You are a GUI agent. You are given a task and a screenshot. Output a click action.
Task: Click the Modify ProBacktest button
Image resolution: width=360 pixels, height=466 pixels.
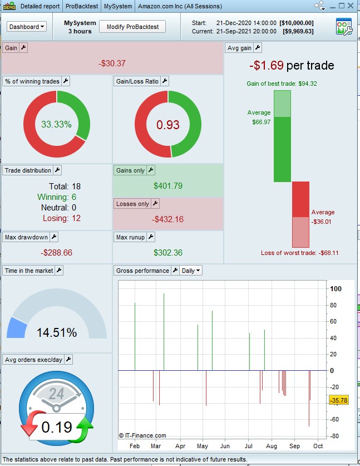[x=132, y=26]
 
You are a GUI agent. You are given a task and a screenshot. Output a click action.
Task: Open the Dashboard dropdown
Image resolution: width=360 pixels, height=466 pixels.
[x=27, y=26]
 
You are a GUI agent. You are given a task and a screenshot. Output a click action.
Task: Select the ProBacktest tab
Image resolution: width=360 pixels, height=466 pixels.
[x=82, y=6]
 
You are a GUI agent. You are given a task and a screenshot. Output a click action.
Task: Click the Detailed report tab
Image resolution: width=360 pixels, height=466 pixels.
[x=40, y=6]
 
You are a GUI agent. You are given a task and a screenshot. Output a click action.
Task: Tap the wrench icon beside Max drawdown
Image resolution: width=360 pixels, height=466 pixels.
[x=54, y=237]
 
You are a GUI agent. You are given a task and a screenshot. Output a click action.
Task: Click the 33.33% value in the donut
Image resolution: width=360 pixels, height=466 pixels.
[x=56, y=125]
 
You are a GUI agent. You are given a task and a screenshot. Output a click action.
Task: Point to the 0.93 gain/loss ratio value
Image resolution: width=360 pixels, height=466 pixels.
[x=167, y=125]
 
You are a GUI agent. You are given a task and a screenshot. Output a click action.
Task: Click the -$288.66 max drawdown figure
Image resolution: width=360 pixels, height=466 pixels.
[x=56, y=253]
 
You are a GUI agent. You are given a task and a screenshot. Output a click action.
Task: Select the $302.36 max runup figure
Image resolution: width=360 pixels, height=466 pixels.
[x=167, y=253]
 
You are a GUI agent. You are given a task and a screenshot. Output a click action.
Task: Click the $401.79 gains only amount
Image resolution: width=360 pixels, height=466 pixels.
[x=167, y=186]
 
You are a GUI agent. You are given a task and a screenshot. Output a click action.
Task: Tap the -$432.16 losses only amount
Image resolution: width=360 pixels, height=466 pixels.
[x=167, y=219]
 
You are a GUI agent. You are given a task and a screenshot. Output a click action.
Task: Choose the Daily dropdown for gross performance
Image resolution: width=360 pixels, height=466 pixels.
[x=191, y=271]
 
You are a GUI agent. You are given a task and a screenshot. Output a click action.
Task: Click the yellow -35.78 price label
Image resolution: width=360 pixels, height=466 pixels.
[x=338, y=400]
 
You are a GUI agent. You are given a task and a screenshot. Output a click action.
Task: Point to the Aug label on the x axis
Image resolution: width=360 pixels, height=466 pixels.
[x=271, y=447]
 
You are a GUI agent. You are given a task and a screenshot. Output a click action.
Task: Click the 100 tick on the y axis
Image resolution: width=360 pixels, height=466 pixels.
[x=336, y=289]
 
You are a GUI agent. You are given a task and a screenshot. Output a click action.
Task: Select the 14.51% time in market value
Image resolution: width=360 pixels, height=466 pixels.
[x=56, y=333]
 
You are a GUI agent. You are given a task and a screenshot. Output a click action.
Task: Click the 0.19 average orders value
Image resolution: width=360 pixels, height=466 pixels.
[x=56, y=427]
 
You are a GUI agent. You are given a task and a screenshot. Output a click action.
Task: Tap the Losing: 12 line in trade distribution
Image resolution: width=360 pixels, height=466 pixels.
[x=58, y=218]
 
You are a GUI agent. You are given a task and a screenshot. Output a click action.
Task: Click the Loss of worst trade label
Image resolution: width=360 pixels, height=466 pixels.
[x=299, y=253]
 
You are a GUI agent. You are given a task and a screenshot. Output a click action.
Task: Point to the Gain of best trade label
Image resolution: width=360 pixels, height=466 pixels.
[x=289, y=84]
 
